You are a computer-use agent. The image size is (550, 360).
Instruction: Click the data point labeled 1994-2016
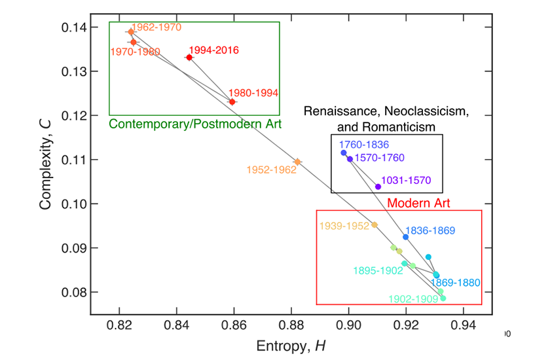189,58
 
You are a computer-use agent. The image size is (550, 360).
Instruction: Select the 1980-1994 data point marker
232,101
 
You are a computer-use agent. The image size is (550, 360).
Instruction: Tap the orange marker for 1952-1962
297,162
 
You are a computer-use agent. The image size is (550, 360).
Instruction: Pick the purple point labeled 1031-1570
378,187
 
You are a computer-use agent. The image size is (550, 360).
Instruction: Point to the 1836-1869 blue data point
405,237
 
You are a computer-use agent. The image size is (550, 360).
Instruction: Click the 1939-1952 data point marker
375,225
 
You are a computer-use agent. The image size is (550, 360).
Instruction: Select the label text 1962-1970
156,27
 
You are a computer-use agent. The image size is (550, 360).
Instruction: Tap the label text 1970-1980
136,52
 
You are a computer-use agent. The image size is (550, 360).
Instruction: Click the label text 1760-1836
364,144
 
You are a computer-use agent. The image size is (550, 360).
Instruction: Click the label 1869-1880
456,283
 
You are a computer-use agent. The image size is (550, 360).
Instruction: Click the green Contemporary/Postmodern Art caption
194,124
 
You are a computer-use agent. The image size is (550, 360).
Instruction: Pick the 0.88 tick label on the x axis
291,325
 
